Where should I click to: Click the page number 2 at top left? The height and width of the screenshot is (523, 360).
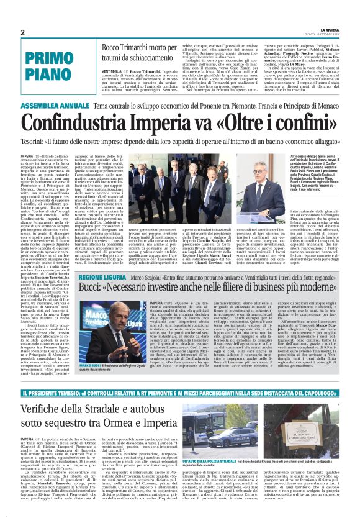coord(22,33)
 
